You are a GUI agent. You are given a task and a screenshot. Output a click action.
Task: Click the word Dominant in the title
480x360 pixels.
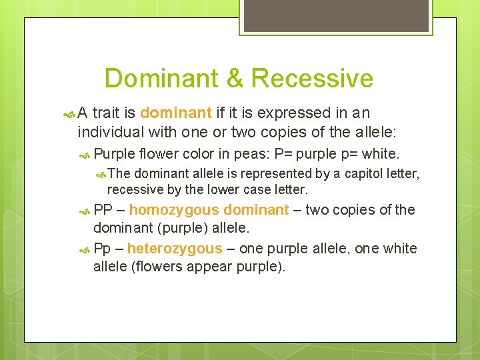click(163, 78)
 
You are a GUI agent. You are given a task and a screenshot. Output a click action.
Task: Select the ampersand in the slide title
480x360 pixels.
click(235, 78)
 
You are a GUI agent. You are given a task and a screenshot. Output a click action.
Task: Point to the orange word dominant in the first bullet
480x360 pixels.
click(176, 113)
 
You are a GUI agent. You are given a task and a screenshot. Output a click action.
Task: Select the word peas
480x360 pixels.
click(248, 155)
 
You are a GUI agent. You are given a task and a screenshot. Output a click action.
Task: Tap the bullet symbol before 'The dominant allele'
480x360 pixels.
click(101, 175)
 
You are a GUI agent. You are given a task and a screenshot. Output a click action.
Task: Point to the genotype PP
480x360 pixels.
click(103, 210)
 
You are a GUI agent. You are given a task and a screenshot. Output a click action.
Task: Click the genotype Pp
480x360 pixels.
click(103, 249)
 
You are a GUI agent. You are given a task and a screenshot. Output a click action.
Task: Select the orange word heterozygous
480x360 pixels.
click(174, 249)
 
